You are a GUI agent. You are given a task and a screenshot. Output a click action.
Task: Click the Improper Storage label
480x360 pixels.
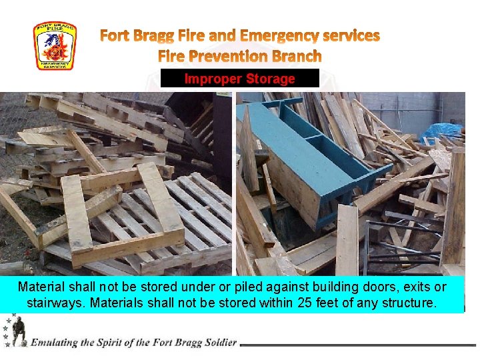tap(239, 79)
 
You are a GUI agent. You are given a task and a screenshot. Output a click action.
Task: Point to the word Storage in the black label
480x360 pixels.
tap(270, 79)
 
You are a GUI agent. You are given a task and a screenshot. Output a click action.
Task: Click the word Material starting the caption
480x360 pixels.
tap(41, 287)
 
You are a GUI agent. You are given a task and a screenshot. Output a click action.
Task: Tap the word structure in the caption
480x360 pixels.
tap(407, 303)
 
